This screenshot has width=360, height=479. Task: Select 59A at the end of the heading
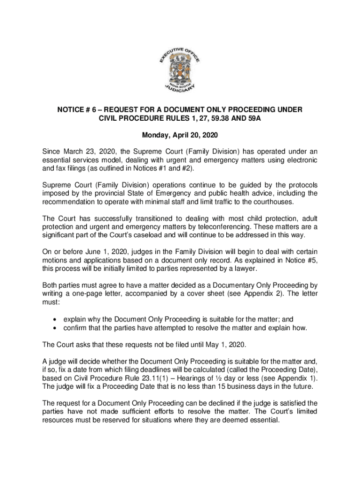pos(252,119)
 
